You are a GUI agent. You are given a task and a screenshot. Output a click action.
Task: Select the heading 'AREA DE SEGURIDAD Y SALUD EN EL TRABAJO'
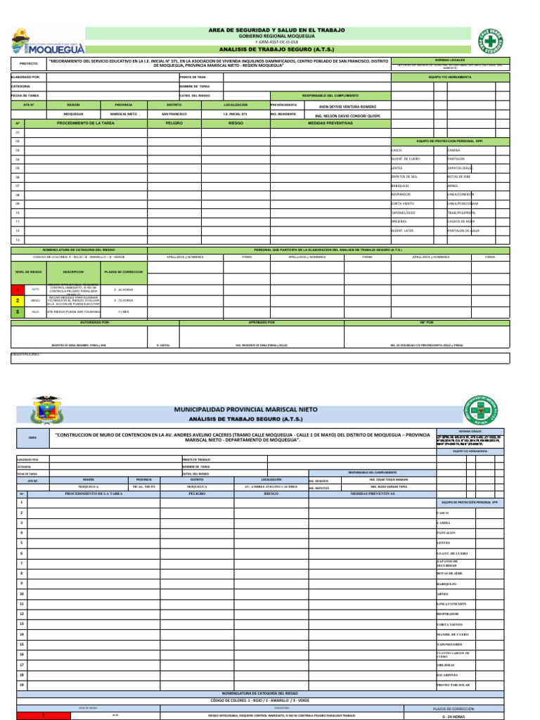(x=277, y=30)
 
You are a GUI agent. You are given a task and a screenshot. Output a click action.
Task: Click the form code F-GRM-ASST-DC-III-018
(x=277, y=43)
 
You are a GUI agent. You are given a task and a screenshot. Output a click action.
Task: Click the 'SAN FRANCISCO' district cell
(x=174, y=113)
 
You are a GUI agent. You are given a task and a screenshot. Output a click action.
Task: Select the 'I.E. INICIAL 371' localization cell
(x=235, y=113)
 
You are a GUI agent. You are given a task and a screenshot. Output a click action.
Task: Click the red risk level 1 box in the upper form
(x=18, y=289)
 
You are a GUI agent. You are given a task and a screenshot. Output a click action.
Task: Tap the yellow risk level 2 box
(x=18, y=300)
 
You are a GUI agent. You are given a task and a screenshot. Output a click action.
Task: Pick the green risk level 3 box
(x=18, y=311)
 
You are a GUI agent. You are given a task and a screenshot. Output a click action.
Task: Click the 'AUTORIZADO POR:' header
(x=95, y=322)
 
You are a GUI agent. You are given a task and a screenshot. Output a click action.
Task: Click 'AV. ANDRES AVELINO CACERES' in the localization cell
(x=270, y=486)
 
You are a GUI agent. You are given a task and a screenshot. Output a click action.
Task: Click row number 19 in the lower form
(x=22, y=684)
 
